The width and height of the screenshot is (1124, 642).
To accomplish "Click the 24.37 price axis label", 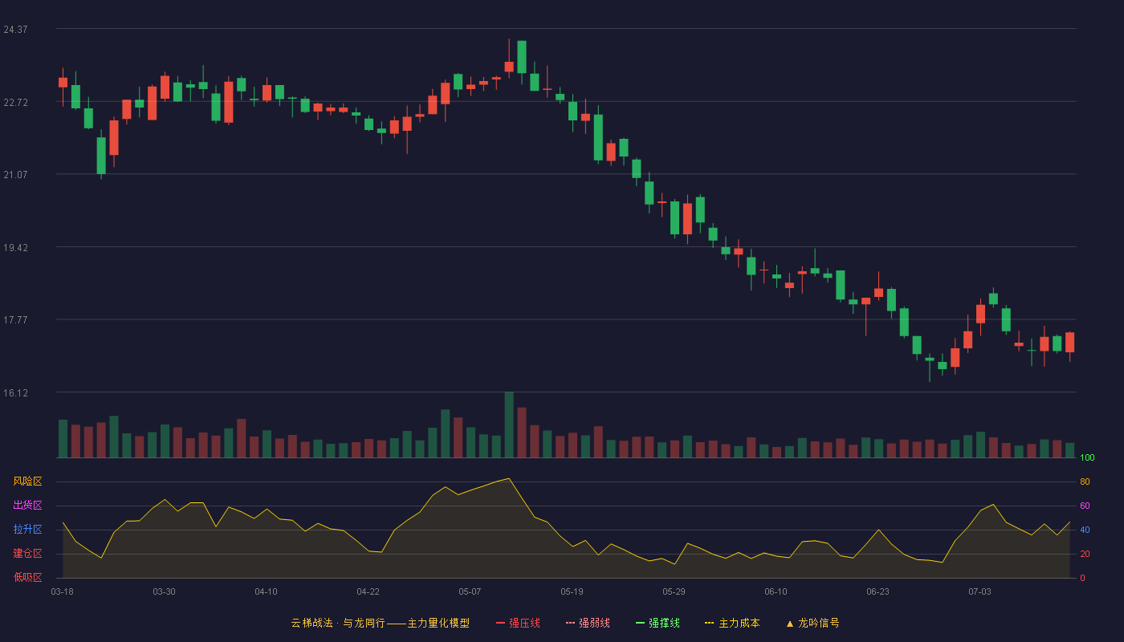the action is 15,30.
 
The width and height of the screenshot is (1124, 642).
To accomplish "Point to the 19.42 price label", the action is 15,248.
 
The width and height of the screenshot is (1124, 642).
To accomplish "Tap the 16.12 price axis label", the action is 15,393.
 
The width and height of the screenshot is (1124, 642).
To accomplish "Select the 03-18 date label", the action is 63,592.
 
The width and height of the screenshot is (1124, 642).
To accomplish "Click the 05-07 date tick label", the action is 470,592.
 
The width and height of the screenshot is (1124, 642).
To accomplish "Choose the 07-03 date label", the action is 979,592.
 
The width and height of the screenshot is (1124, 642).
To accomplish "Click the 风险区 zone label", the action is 27,481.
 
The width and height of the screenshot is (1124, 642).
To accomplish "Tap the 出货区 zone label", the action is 27,505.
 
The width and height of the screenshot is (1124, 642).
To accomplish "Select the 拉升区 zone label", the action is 27,529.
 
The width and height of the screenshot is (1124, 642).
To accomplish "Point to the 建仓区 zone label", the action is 27,553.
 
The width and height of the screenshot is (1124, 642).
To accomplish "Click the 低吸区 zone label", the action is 27,577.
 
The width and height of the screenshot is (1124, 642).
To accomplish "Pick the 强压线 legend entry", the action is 518,624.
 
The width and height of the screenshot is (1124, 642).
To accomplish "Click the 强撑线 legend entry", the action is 658,624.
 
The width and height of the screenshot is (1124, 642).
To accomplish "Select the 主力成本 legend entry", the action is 732,624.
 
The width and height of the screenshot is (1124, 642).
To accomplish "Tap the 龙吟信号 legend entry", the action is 812,624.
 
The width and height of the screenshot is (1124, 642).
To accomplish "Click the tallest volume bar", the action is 509,425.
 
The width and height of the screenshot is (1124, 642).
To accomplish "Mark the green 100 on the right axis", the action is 1087,457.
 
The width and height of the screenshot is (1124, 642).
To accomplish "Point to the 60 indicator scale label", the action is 1085,506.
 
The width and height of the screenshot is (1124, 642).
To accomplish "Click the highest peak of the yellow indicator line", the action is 509,478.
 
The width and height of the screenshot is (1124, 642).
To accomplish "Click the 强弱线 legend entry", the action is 588,624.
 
